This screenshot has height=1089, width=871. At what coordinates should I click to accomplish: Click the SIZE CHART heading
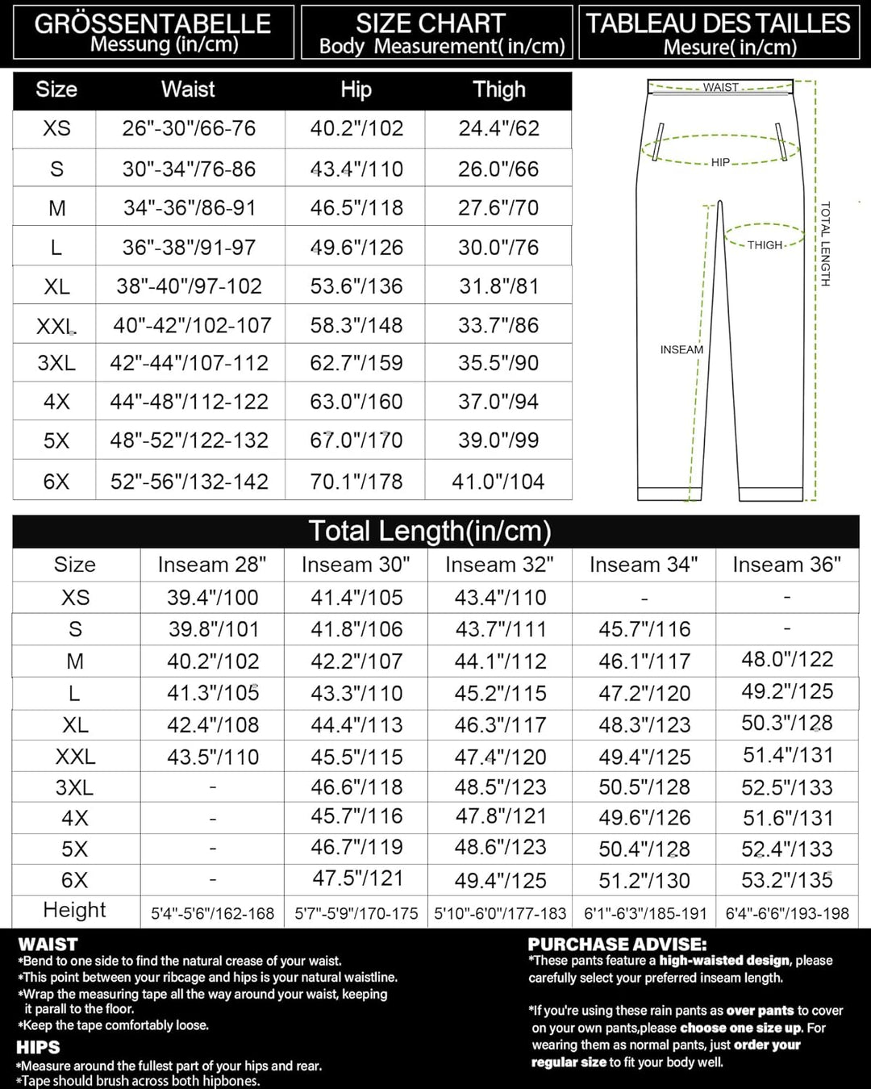[431, 23]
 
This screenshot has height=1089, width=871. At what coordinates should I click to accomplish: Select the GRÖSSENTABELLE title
[152, 23]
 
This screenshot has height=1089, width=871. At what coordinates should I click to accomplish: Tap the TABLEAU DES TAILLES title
[718, 23]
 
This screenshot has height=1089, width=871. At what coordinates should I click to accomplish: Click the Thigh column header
[499, 90]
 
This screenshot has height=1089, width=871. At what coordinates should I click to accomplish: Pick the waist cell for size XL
[189, 286]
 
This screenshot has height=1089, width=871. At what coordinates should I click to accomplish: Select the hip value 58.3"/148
[356, 325]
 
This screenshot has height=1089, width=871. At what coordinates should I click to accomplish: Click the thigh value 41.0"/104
[498, 482]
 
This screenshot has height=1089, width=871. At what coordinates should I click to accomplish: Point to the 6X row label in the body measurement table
[56, 482]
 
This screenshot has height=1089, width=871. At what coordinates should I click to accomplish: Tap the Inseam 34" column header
[644, 565]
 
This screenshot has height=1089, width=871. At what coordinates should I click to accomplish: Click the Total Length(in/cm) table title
[430, 532]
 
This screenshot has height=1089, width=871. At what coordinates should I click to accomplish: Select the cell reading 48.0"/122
[787, 660]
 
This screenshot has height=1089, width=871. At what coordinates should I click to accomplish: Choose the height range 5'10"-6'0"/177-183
[500, 914]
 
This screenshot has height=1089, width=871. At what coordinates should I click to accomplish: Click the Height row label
[74, 910]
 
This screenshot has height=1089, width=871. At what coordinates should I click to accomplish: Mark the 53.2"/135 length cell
[787, 879]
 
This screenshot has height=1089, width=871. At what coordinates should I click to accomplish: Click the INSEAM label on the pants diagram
[681, 350]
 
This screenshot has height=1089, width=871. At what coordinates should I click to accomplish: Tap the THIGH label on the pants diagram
[765, 245]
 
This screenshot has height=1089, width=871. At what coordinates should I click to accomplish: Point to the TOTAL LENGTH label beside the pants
[825, 244]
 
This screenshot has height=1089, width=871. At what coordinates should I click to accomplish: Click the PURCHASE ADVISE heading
[617, 944]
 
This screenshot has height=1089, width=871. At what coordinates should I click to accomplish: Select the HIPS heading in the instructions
[38, 1047]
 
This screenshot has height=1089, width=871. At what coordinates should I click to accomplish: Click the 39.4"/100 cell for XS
[213, 598]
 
